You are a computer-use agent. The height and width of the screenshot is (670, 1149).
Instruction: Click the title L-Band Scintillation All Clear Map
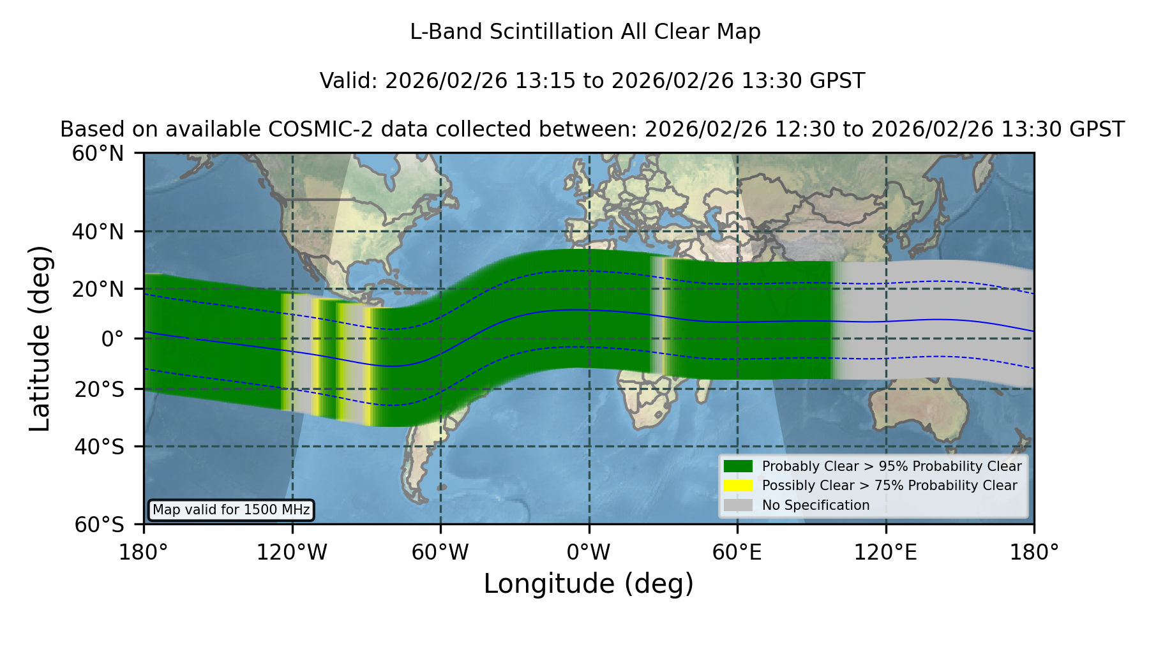click(585, 32)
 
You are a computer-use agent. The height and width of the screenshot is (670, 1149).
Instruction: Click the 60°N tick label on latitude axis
click(98, 153)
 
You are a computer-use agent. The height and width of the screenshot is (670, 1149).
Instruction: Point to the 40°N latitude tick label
click(98, 232)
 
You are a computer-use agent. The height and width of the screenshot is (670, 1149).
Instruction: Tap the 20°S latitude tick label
click(99, 389)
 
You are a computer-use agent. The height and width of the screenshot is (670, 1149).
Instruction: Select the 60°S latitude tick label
click(99, 525)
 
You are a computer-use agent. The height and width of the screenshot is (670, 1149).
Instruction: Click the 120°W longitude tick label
click(292, 553)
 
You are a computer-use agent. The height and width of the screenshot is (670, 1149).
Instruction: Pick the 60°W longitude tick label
click(440, 553)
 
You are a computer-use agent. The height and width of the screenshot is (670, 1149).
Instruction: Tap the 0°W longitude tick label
click(589, 553)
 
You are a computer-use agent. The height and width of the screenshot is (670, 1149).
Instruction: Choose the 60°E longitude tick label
click(737, 553)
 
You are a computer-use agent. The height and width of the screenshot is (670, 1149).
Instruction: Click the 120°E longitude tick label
click(885, 553)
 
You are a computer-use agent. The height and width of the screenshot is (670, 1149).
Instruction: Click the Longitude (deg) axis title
click(589, 584)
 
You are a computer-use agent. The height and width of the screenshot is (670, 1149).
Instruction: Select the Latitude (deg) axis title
click(40, 338)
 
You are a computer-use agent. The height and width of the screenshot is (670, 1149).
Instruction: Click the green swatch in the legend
click(739, 466)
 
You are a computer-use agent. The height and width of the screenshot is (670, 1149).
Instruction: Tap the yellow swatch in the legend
click(739, 486)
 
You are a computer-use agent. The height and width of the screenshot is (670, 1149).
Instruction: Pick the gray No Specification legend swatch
click(739, 505)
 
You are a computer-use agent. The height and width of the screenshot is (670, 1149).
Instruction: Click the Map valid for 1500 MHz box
click(231, 510)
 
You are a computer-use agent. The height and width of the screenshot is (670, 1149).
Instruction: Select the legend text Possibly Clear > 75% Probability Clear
click(889, 486)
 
